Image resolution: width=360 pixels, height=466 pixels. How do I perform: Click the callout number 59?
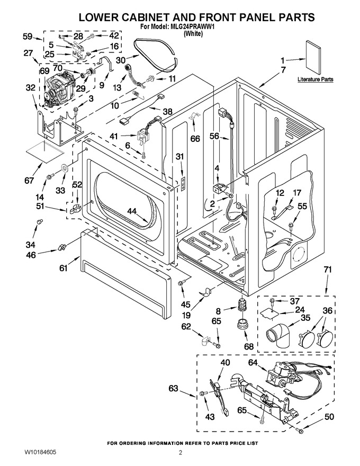coord(28,37)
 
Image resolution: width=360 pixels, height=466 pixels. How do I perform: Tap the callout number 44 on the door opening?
coord(132,211)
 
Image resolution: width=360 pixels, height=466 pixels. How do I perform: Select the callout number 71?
coord(328,270)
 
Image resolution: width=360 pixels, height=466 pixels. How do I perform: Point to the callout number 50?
coord(329,417)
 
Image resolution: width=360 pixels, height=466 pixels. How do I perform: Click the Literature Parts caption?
coord(316,79)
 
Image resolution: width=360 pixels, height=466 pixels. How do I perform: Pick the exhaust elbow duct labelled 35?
coord(279,334)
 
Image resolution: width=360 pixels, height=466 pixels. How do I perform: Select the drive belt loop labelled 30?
coord(156,55)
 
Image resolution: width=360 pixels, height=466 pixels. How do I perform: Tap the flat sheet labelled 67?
coord(44,152)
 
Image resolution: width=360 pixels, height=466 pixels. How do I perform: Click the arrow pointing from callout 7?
coord(269,79)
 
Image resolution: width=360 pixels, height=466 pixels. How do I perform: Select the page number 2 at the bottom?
coord(180,452)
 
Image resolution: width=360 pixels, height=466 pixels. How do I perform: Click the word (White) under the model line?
coord(194,33)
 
